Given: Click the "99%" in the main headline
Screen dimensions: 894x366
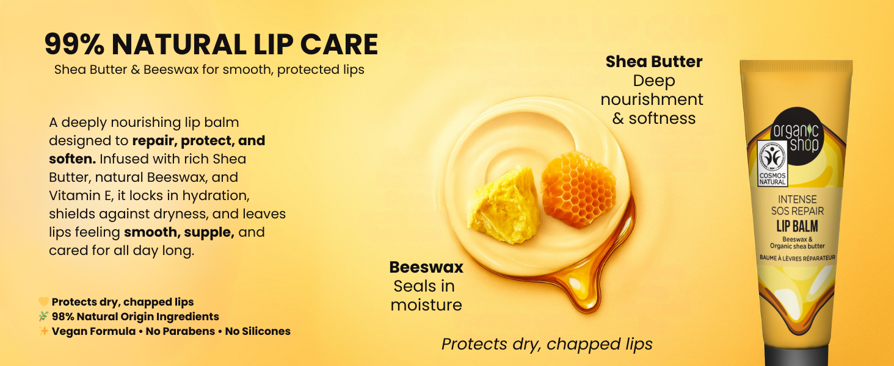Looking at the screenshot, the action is (74, 44).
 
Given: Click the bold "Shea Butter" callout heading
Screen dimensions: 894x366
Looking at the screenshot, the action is (654, 62).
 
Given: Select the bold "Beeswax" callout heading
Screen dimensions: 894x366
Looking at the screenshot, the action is (426, 267).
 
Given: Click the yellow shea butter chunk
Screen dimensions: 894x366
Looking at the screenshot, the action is (504, 206).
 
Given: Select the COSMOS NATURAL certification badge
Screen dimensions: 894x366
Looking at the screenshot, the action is (772, 163).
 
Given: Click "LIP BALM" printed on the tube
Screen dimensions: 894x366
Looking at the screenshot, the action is (797, 226).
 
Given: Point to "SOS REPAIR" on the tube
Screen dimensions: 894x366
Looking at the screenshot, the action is (798, 211).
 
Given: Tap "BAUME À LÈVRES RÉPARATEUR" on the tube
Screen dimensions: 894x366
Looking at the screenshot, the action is (798, 258).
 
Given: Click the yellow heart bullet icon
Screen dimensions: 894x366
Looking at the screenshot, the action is (43, 302).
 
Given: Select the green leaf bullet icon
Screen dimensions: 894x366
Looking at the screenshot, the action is (43, 317).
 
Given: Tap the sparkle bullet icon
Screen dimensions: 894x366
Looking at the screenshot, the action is (43, 331).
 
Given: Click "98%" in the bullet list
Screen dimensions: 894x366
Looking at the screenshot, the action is (63, 317).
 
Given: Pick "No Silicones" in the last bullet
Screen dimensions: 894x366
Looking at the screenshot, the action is (258, 331).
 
